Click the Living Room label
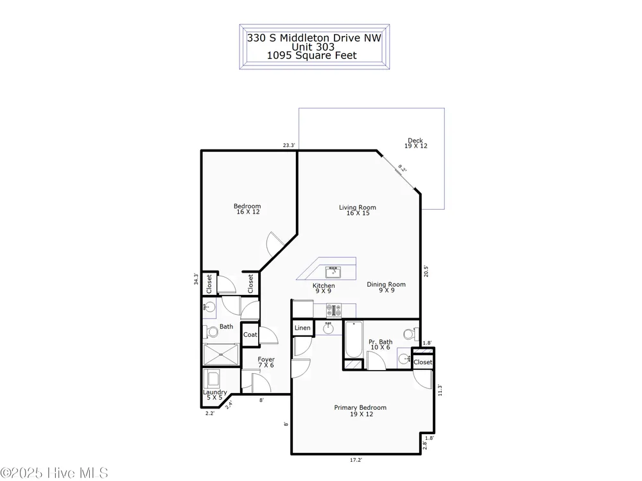(x=358, y=210)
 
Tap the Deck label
(x=415, y=143)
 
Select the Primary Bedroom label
(x=360, y=410)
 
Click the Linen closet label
(x=302, y=328)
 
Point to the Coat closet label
(x=250, y=335)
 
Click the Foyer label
(x=266, y=362)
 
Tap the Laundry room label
(x=215, y=394)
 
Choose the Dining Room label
(x=386, y=287)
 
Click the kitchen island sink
(x=333, y=272)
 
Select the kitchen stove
(x=334, y=310)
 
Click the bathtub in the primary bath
(x=353, y=339)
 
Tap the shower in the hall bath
(x=221, y=354)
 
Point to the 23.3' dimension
(x=289, y=145)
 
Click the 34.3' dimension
(x=196, y=280)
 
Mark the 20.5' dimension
(x=426, y=271)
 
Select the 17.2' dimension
(x=356, y=460)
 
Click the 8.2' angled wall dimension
(x=402, y=169)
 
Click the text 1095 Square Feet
(x=312, y=56)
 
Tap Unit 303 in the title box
(x=313, y=47)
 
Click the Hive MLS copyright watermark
(x=54, y=473)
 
